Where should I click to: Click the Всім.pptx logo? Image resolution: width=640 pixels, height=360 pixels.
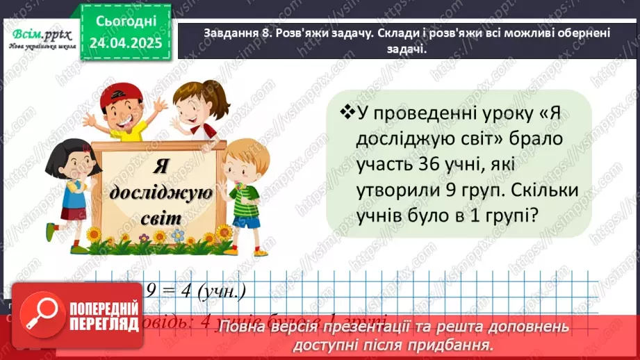click(x=38, y=33)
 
